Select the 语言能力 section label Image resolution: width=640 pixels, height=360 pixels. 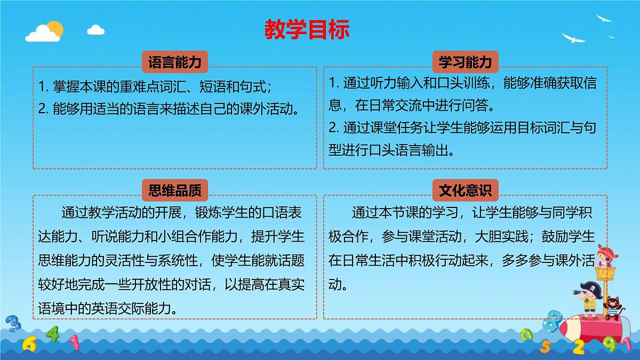(174, 62)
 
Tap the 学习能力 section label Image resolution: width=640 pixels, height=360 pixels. (465, 62)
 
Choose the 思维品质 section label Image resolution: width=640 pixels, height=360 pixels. (174, 190)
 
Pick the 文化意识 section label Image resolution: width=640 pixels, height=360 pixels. (465, 190)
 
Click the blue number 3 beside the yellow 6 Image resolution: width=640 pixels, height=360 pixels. (13, 323)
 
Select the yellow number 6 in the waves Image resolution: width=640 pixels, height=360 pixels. (29, 343)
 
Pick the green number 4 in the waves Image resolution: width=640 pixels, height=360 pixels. (52, 334)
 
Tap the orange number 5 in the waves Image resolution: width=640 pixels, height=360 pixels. (545, 346)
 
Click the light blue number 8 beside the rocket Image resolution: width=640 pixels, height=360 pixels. (555, 319)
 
